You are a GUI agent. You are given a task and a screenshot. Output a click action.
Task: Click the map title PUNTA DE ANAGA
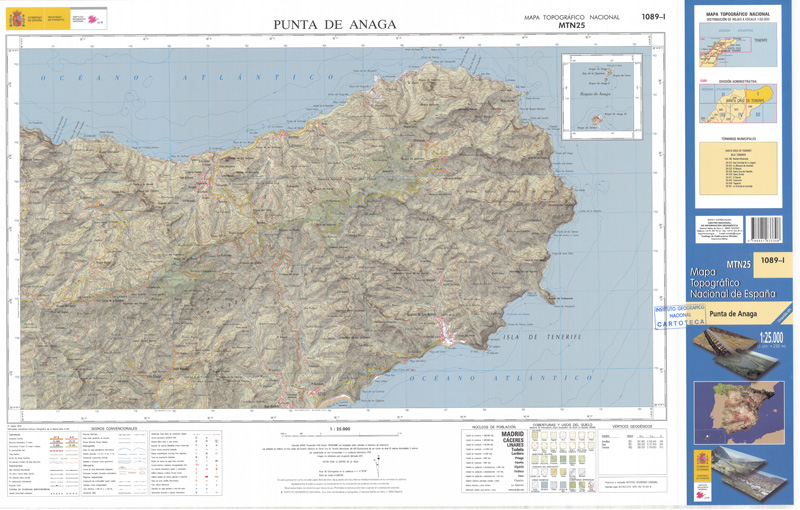[x=335, y=25]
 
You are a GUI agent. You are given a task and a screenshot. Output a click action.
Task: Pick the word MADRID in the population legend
[x=511, y=435]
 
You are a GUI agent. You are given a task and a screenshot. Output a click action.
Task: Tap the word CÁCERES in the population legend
[x=511, y=441]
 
